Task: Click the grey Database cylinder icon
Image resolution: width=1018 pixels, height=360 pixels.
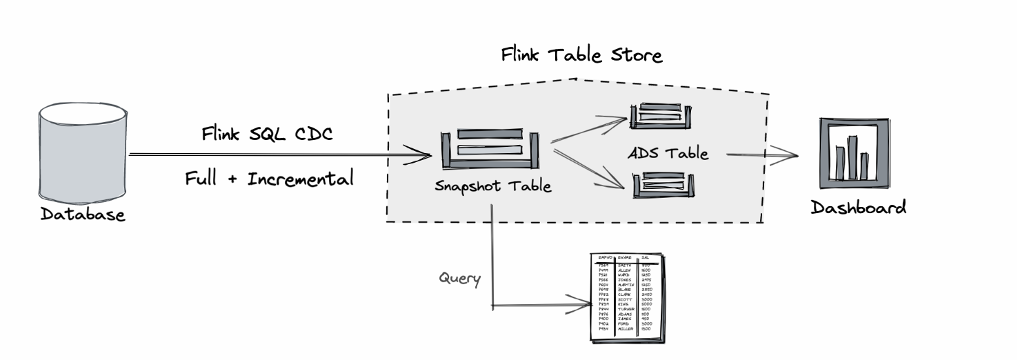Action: tap(82, 150)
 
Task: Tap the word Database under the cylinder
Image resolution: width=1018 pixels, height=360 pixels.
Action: tap(83, 214)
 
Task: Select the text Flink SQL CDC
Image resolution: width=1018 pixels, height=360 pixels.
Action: tap(267, 133)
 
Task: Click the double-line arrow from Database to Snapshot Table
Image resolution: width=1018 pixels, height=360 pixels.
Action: tap(276, 155)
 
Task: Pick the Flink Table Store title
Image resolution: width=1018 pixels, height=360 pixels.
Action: tap(581, 55)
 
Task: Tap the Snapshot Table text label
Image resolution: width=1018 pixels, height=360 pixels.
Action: tap(493, 186)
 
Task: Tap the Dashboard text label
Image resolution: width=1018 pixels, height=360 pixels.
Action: tap(858, 208)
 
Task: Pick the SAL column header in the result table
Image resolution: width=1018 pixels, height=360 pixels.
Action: tap(646, 257)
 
